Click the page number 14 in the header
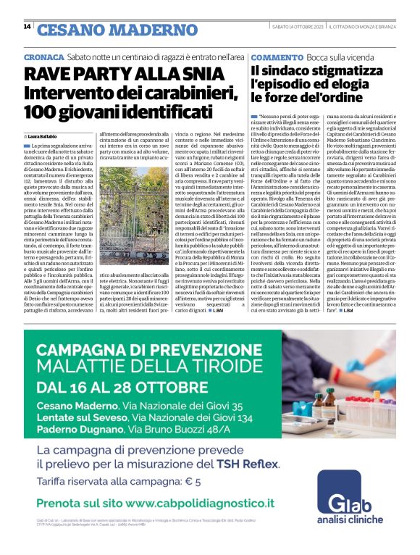click(x=27, y=26)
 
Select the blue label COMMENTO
click(x=276, y=56)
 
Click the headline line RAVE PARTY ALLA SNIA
click(x=119, y=75)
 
